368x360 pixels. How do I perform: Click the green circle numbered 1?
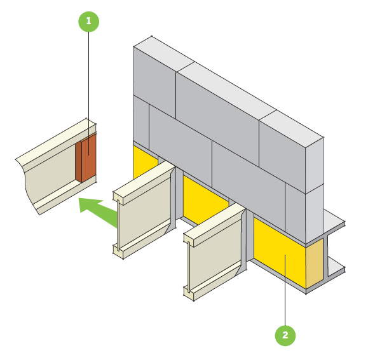pos(88,21)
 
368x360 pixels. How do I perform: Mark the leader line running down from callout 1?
pos(88,76)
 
